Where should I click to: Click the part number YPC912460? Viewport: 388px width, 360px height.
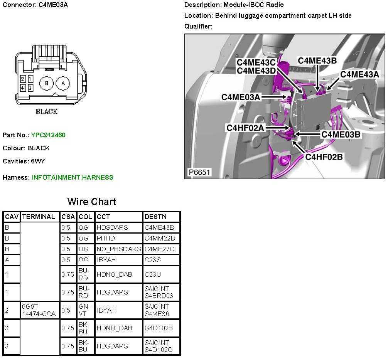click(48, 135)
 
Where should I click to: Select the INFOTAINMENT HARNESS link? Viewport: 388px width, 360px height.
click(73, 177)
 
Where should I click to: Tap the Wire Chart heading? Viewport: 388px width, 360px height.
click(91, 202)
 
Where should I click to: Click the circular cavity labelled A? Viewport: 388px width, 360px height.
click(63, 83)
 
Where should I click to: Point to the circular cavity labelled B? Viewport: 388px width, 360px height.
click(46, 83)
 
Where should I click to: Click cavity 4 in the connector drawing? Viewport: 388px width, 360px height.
click(23, 87)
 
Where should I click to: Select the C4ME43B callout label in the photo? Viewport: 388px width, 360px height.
click(317, 61)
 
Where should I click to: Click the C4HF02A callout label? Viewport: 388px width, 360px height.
click(245, 128)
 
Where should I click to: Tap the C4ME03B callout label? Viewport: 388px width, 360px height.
click(341, 134)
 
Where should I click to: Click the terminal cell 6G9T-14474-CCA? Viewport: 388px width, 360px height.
click(39, 310)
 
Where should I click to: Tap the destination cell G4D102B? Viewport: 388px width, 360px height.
click(159, 328)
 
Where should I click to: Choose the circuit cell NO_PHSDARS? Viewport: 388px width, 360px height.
click(119, 249)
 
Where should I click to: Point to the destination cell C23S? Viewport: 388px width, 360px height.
click(152, 260)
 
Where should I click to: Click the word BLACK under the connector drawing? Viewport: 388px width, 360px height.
click(47, 111)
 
